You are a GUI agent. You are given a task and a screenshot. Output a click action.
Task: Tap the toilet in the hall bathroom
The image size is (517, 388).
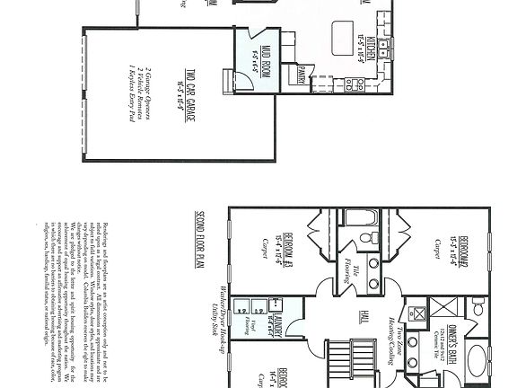pyautogui.click(x=365, y=238)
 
